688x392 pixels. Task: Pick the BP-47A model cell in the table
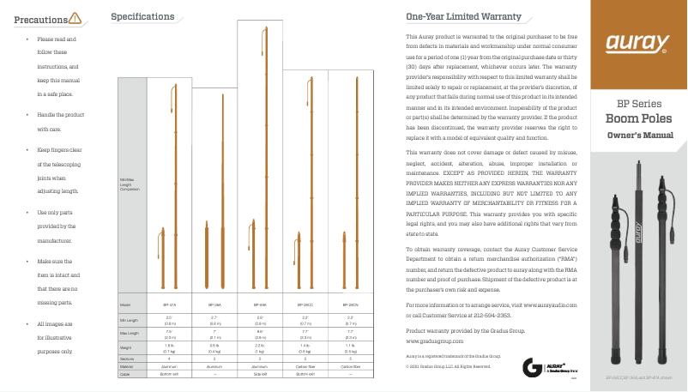tap(169, 305)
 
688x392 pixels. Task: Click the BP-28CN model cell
tap(350, 305)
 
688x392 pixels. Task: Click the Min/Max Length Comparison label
tap(129, 183)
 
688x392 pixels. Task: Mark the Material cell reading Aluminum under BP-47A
tap(169, 367)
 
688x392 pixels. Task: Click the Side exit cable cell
tap(261, 375)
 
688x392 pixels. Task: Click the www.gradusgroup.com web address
tap(440, 341)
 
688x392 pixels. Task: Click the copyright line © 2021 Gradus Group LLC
tap(448, 367)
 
